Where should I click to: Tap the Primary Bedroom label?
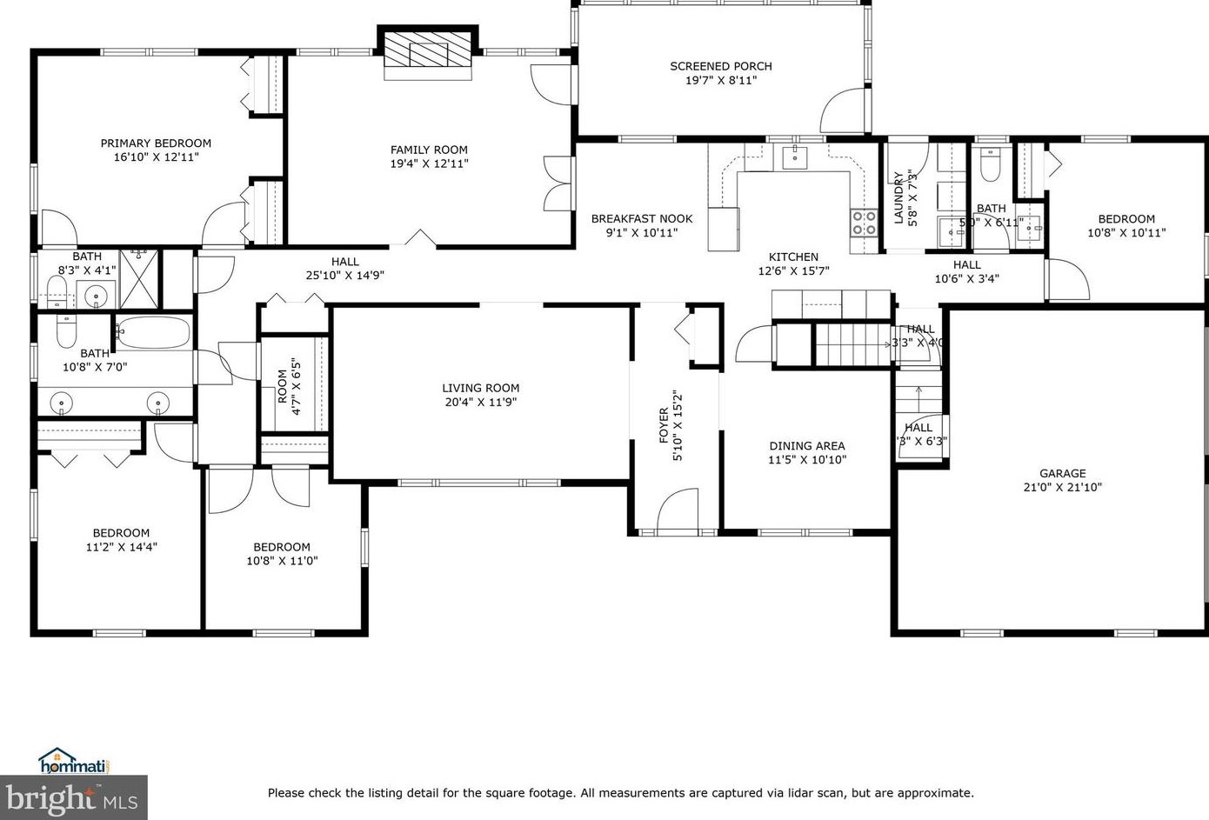click(x=156, y=143)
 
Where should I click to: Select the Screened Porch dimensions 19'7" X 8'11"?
click(x=720, y=80)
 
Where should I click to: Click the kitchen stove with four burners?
click(x=864, y=223)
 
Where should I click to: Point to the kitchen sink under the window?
click(x=795, y=157)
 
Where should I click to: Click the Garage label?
click(x=1062, y=474)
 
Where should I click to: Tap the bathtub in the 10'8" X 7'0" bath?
click(x=153, y=332)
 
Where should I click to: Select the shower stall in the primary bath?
click(x=139, y=279)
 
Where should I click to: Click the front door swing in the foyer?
click(x=678, y=510)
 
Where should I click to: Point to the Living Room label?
click(x=480, y=389)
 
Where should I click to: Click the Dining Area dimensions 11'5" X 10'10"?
click(x=806, y=460)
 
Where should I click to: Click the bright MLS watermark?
click(x=73, y=797)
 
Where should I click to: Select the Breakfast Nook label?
click(x=642, y=219)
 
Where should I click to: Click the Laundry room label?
click(x=898, y=197)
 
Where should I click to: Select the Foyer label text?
click(x=664, y=425)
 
